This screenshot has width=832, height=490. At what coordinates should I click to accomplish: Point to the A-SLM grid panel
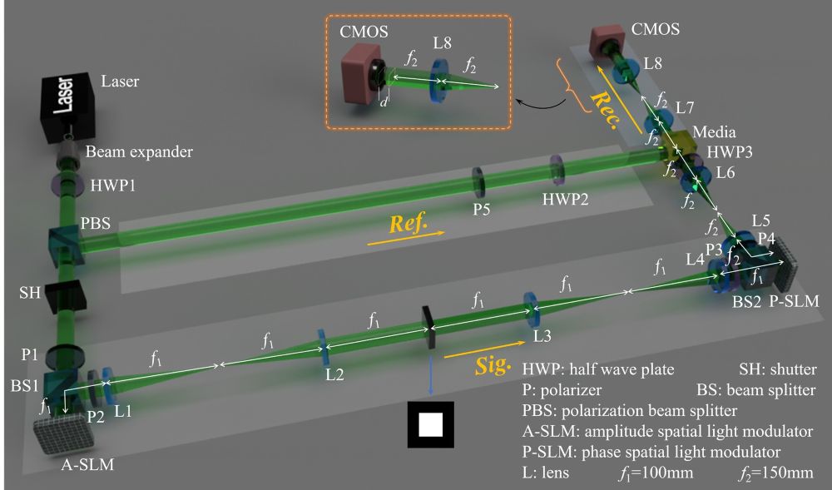pos(63,429)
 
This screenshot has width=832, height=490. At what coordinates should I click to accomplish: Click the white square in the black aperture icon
pos(429,425)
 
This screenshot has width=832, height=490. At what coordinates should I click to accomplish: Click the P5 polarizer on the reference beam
pos(478,179)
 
